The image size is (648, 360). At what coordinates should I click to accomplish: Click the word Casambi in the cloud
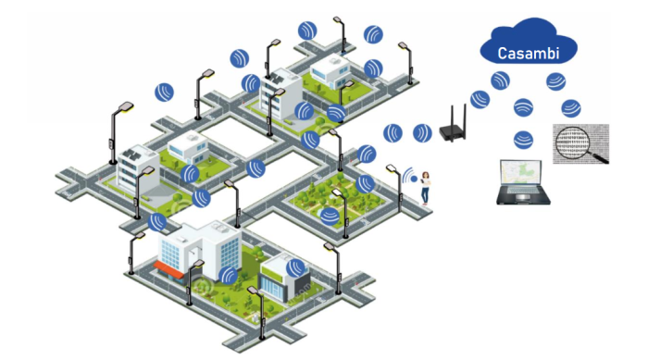[529, 53]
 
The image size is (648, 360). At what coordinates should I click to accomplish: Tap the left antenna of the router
[452, 117]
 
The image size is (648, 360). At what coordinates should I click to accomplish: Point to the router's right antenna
[465, 116]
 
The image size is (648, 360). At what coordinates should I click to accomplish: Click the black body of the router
[452, 133]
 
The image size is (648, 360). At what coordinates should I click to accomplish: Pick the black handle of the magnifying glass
[598, 157]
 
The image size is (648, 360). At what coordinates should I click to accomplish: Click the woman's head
[425, 175]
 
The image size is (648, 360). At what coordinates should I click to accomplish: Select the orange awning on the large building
[169, 268]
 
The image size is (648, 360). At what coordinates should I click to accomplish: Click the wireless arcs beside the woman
[409, 176]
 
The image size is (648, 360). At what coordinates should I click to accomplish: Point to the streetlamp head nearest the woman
[391, 168]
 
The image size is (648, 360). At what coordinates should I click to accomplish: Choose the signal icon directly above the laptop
[523, 140]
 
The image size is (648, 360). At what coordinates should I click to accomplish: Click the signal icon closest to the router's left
[422, 133]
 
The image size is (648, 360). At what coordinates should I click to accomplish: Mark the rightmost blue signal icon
[571, 108]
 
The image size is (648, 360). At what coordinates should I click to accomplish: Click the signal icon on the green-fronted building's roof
[295, 267]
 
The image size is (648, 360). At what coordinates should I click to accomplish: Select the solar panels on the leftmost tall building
[131, 155]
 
